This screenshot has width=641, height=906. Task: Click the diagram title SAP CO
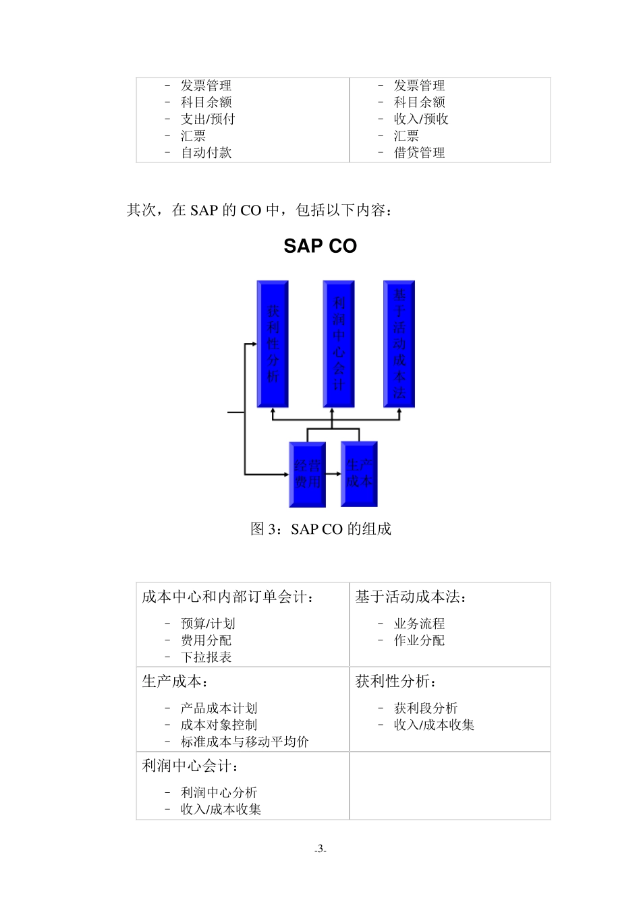[320, 246]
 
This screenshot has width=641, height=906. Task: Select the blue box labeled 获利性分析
[273, 344]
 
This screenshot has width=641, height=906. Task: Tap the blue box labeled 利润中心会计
[339, 344]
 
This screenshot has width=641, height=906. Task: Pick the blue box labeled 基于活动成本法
[399, 344]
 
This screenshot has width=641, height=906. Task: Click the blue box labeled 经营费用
[308, 475]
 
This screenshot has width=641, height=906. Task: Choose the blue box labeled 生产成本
[359, 474]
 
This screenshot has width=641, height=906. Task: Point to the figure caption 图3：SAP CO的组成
[320, 529]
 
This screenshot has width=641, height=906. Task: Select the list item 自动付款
[206, 153]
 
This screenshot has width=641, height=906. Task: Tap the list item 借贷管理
[419, 153]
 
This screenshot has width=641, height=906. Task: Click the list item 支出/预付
[208, 119]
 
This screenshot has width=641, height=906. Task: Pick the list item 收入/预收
[421, 119]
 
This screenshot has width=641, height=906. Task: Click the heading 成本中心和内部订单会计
[228, 597]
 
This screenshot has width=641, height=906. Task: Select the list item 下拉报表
[206, 657]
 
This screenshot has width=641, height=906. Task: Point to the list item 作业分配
[419, 640]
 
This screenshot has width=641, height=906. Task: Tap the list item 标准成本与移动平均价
[244, 742]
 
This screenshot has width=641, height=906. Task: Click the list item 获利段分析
[426, 708]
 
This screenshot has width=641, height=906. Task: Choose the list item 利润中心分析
[219, 793]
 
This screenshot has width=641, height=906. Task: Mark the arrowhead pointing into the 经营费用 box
[285, 475]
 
